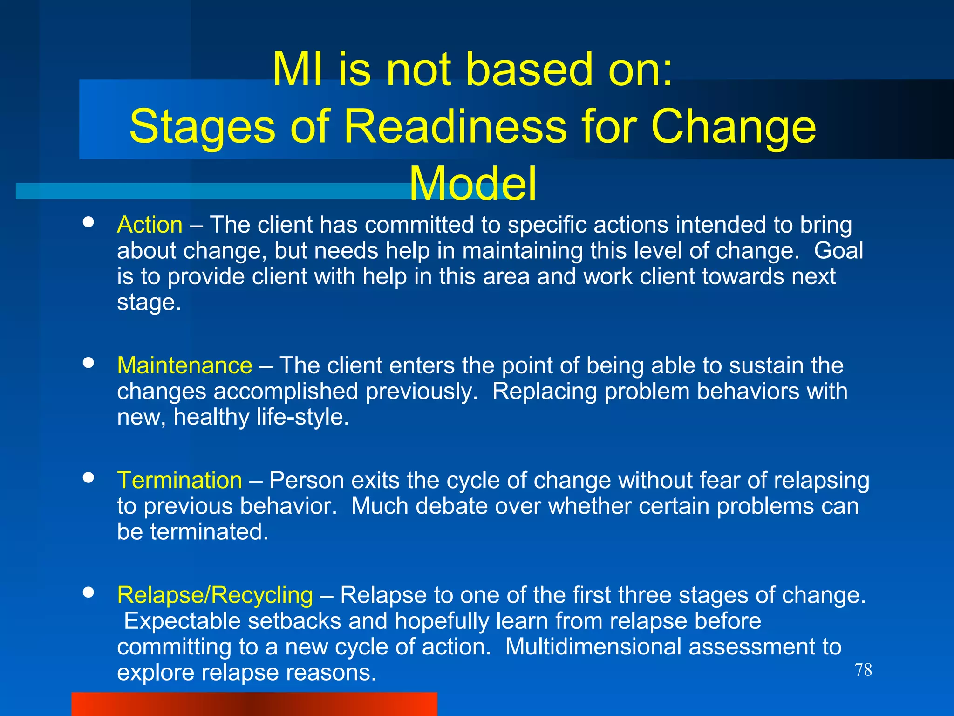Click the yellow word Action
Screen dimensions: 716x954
(150, 225)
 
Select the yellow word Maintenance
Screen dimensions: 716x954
(184, 365)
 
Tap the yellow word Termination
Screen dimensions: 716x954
(179, 480)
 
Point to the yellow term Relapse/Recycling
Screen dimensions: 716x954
(215, 595)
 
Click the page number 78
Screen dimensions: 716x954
(863, 670)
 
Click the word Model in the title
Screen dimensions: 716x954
(472, 184)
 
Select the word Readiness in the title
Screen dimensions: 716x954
(455, 126)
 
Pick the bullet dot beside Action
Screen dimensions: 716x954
(88, 222)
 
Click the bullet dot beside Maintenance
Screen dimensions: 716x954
(88, 363)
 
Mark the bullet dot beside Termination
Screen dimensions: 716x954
(88, 477)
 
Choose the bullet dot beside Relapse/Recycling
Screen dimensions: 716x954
(88, 592)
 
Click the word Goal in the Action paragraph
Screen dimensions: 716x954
(838, 251)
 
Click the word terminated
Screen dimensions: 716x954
(209, 532)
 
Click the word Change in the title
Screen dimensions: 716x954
(733, 126)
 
